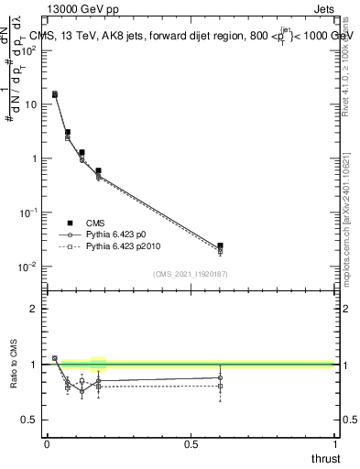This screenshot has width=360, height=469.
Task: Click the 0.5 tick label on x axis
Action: click(191, 444)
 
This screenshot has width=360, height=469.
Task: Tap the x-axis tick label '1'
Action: click(334, 444)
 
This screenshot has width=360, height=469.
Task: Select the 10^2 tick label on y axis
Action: click(31, 50)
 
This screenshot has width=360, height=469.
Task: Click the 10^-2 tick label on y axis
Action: click(31, 267)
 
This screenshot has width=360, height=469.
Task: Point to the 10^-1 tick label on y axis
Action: click(31, 213)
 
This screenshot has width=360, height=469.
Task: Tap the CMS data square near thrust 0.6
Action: click(220, 245)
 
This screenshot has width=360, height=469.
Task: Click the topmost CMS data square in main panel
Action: click(55, 94)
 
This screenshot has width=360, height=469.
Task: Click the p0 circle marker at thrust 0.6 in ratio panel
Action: click(220, 377)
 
